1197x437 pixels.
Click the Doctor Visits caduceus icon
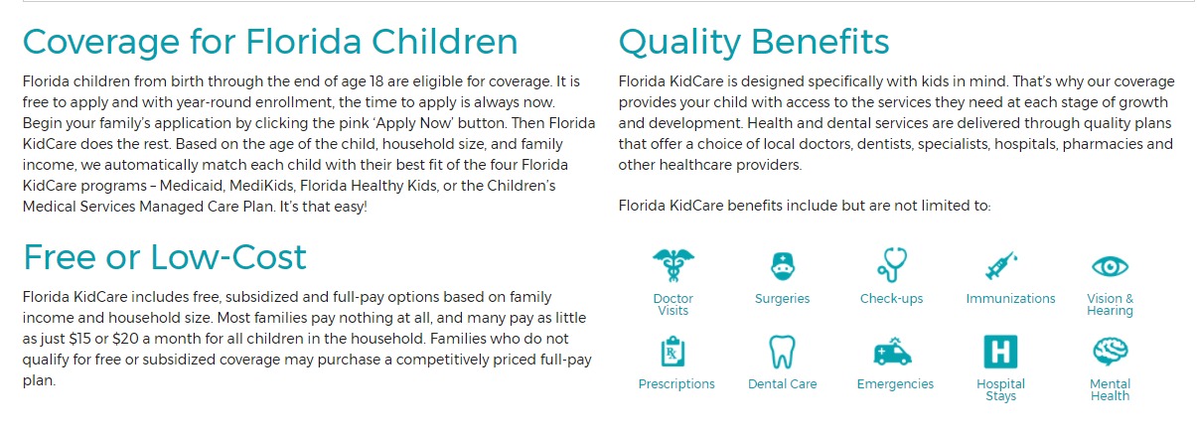[673, 265]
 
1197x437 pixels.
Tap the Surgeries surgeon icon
[783, 265]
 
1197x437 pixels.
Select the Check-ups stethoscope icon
[892, 265]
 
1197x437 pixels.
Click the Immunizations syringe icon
[1000, 265]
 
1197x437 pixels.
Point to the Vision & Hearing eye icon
[1110, 266]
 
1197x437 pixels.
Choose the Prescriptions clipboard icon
[675, 352]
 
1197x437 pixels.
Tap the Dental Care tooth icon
[783, 352]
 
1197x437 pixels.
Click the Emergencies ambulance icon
[892, 352]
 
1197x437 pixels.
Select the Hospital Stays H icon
[1000, 352]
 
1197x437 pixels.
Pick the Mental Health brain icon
[1110, 352]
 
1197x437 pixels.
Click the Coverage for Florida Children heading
[270, 42]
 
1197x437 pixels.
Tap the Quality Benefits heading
[753, 42]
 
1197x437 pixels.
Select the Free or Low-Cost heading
[165, 257]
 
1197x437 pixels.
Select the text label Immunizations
[1010, 299]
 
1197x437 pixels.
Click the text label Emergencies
[895, 384]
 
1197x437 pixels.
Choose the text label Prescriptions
[676, 384]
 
